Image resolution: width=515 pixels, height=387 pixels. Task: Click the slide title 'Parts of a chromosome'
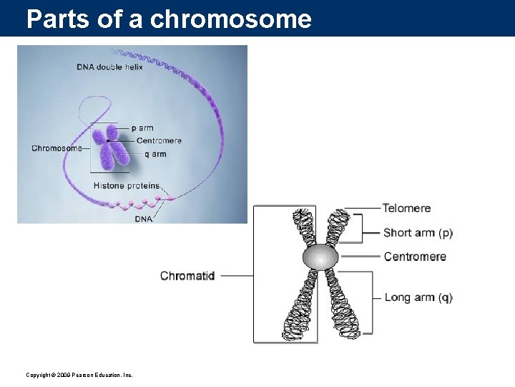(x=169, y=19)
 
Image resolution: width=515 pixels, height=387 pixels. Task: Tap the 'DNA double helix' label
(x=109, y=67)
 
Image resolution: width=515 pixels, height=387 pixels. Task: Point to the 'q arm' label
(x=151, y=153)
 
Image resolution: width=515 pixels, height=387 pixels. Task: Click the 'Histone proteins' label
(x=127, y=186)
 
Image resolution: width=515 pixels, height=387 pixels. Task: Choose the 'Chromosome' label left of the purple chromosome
(x=57, y=148)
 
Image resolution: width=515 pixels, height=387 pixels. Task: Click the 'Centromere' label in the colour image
(x=159, y=140)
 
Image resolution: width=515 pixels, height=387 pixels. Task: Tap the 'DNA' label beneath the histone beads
(x=144, y=219)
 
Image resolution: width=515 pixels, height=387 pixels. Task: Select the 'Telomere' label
(x=406, y=209)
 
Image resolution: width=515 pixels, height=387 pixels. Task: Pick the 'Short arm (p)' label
(x=418, y=233)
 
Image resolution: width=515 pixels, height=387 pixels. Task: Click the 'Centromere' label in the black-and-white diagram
(x=415, y=257)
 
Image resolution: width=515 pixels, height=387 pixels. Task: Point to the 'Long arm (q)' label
(x=418, y=297)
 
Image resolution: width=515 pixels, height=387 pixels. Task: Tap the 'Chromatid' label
(x=187, y=276)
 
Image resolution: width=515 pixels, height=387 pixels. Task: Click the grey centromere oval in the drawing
(x=320, y=257)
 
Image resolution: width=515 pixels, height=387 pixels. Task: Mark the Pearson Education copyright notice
(x=79, y=375)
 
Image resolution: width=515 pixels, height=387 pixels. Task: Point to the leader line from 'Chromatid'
(x=238, y=275)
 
